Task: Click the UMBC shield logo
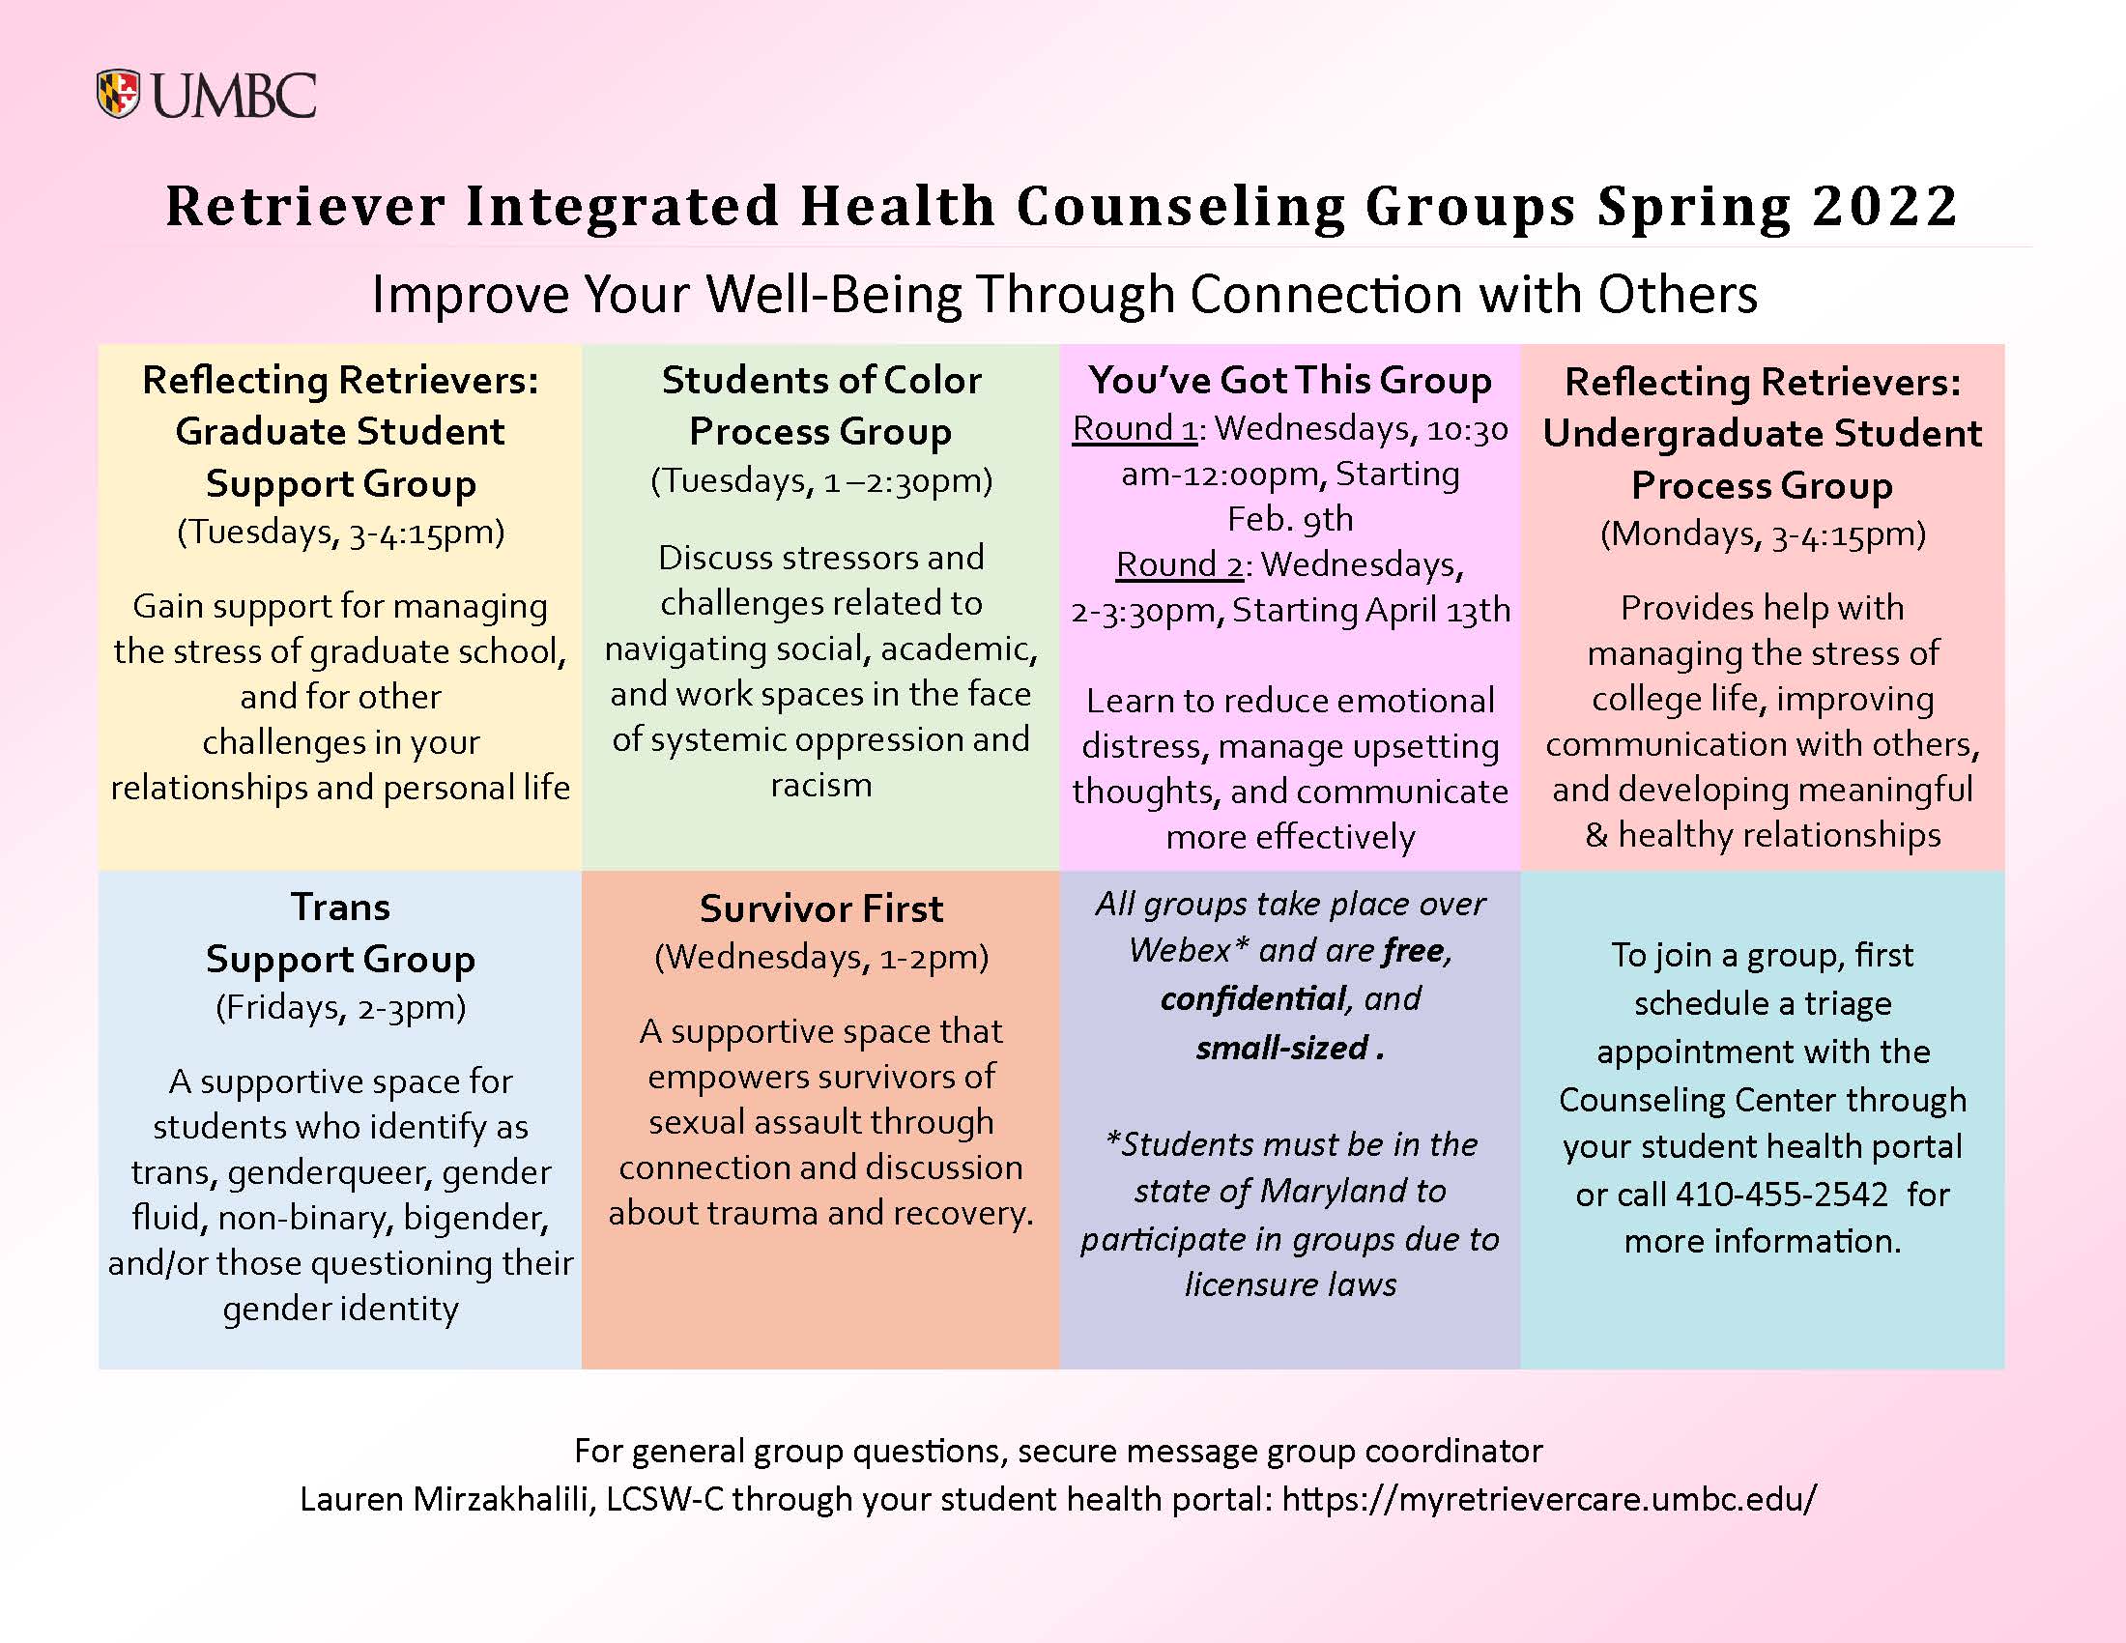click(119, 95)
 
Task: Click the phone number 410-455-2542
click(1781, 1195)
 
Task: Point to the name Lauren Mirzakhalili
click(446, 1499)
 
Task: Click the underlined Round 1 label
click(1135, 428)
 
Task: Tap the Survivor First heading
click(821, 909)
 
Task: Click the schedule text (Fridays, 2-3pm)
click(341, 1007)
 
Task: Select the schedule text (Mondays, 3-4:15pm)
click(1763, 534)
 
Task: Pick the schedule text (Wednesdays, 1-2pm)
click(821, 958)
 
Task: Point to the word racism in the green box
click(821, 785)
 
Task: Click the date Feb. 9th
click(1290, 519)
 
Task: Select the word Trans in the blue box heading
click(341, 908)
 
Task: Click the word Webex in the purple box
click(1183, 950)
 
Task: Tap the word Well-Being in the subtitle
click(833, 295)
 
